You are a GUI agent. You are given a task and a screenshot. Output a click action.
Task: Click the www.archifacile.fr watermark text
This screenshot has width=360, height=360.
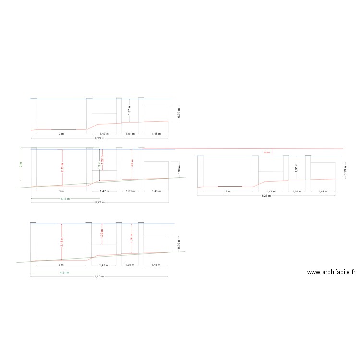(331, 272)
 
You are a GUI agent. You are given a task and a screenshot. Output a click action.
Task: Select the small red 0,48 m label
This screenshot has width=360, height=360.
(267, 153)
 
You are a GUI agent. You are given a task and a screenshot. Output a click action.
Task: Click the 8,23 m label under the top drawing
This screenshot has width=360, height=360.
(99, 138)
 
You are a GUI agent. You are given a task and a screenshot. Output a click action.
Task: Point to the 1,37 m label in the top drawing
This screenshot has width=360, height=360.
(129, 110)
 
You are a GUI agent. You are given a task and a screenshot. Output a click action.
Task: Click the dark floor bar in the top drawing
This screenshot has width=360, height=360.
(63, 129)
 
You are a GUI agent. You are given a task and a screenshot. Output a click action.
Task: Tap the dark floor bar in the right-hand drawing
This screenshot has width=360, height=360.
(230, 186)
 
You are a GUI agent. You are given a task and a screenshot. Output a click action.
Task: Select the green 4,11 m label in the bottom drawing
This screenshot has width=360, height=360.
(64, 273)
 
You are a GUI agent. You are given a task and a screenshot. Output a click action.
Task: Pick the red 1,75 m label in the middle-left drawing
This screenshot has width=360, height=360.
(132, 164)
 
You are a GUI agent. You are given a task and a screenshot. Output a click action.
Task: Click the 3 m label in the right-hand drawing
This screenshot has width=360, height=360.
(228, 192)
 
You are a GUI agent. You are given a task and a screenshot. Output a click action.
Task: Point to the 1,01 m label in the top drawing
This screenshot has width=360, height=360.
(130, 134)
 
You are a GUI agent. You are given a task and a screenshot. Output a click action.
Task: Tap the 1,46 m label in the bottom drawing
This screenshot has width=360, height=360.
(156, 265)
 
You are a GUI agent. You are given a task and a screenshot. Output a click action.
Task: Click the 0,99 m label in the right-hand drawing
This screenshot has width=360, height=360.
(345, 170)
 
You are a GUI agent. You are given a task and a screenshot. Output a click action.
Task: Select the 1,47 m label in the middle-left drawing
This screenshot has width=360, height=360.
(104, 191)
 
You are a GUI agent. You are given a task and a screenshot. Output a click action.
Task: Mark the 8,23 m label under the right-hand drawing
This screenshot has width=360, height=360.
(265, 196)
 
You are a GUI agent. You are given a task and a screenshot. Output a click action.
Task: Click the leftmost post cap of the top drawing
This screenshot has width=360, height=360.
(34, 98)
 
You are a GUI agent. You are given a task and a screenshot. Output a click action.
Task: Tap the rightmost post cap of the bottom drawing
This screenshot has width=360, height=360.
(141, 222)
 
